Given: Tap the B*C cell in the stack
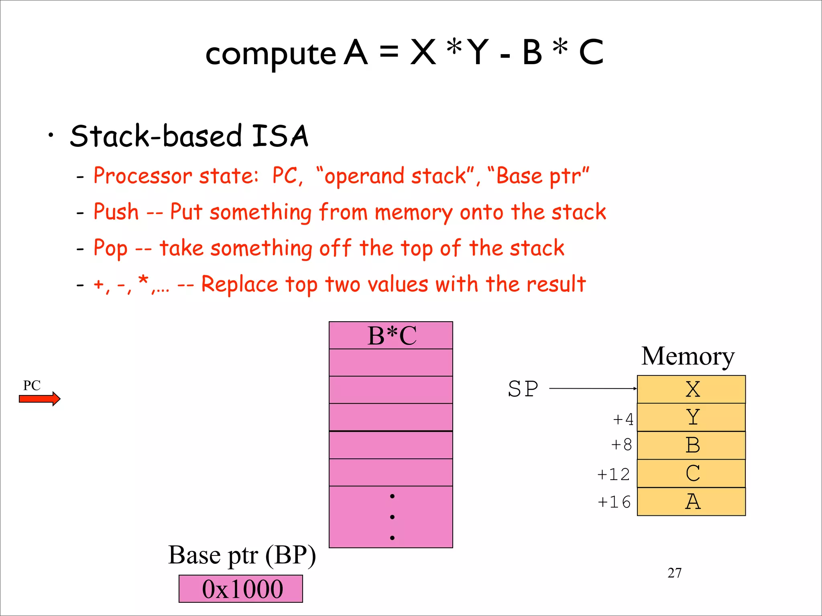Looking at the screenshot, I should pyautogui.click(x=391, y=336).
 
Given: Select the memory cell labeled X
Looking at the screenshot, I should pyautogui.click(x=691, y=389).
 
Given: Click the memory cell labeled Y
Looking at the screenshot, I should pyautogui.click(x=691, y=417).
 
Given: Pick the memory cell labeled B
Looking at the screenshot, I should pyautogui.click(x=691, y=446).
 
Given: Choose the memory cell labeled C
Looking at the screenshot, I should pyautogui.click(x=691, y=474).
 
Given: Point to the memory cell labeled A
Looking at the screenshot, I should pyautogui.click(x=691, y=502).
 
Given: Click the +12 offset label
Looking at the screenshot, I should pyautogui.click(x=613, y=474).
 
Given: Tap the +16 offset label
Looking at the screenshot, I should pyautogui.click(x=614, y=502).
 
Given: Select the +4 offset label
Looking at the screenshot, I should pyautogui.click(x=623, y=419).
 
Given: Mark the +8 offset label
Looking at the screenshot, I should pyautogui.click(x=621, y=445).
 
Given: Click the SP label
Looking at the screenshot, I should pyautogui.click(x=523, y=389).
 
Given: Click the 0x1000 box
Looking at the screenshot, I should pyautogui.click(x=241, y=589).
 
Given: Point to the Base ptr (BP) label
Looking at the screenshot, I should pyautogui.click(x=242, y=555).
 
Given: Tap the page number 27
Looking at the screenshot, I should pyautogui.click(x=674, y=573).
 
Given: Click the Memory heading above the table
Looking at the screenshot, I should pyautogui.click(x=688, y=356).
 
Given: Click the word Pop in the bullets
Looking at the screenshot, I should pyautogui.click(x=110, y=248).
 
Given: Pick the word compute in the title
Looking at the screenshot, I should pyautogui.click(x=271, y=54).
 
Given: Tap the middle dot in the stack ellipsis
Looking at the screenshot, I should pyautogui.click(x=392, y=517).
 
